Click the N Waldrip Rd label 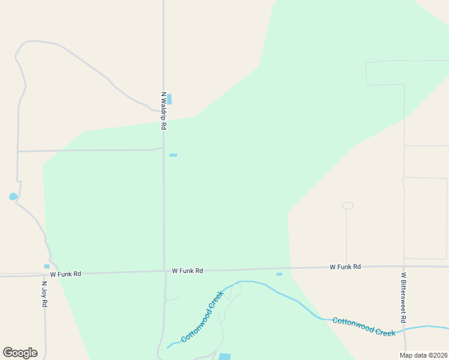163,111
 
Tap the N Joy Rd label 44,294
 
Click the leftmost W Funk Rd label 65,274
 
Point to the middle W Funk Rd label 187,271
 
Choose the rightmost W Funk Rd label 345,266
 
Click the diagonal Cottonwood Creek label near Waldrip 202,317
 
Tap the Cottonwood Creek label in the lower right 364,327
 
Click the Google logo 20,353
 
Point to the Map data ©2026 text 423,355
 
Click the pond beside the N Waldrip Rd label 169,99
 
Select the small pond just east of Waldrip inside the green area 173,155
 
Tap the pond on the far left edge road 13,196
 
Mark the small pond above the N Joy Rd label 47,266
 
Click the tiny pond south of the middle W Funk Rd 279,274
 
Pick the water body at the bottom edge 224,356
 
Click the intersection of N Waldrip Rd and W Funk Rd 164,271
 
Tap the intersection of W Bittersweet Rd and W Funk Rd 405,266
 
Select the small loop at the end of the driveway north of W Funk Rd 347,206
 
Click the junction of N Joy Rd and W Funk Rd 44,275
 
